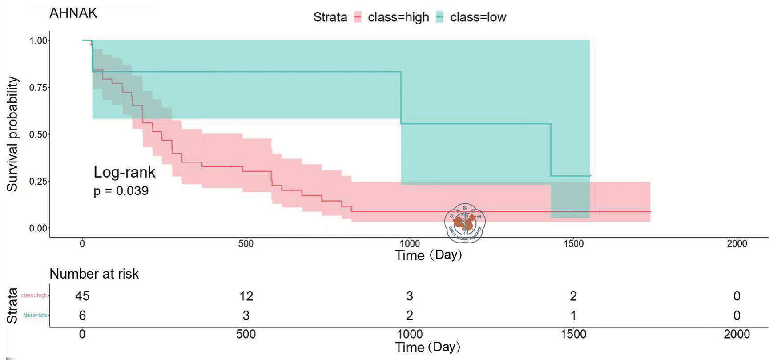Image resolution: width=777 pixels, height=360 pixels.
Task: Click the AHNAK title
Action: point(73,13)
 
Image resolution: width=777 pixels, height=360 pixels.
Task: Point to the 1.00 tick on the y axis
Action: point(38,41)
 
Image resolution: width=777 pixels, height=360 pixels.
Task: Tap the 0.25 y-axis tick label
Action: point(38,182)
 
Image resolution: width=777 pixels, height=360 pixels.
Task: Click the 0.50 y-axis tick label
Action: point(38,135)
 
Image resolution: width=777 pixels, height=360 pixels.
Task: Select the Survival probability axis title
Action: point(12,134)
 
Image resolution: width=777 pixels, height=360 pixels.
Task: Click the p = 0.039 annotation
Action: point(121,191)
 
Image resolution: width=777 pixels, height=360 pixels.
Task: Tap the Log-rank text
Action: point(125,172)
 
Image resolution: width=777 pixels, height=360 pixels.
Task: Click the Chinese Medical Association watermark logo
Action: point(465,223)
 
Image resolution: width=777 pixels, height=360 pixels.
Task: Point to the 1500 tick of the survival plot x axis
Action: point(573,244)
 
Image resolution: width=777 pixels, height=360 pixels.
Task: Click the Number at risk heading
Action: point(94,274)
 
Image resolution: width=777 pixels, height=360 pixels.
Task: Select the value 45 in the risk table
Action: point(82,296)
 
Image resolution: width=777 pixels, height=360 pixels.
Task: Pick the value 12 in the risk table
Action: point(246,296)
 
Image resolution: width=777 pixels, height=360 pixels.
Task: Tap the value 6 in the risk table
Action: point(82,316)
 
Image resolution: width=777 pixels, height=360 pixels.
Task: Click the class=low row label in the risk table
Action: point(35,315)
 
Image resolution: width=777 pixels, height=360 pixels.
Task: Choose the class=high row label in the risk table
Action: point(34,295)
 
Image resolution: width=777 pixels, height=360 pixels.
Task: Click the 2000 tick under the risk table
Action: point(737,334)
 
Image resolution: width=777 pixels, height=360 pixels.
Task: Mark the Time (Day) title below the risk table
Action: point(427,347)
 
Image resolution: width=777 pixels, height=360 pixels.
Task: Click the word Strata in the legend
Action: point(330,17)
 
